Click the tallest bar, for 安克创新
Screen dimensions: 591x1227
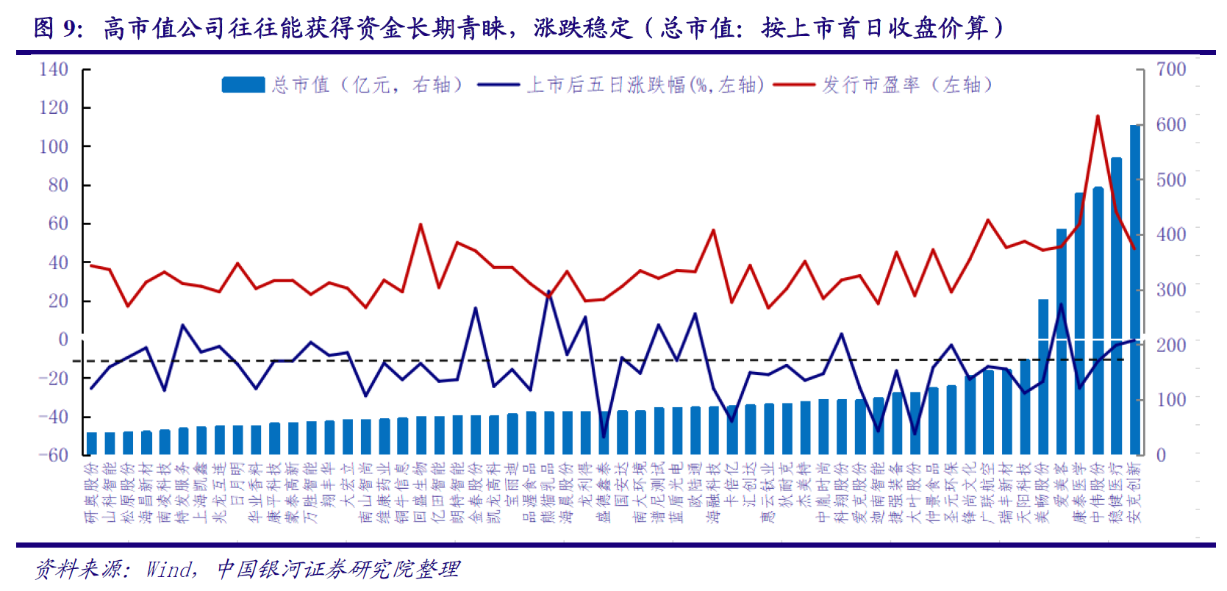[1134, 290]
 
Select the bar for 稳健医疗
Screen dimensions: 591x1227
[1116, 309]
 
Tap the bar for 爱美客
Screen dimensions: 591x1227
[1061, 345]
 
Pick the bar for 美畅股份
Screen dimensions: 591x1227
[1042, 382]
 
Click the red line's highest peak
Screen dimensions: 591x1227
[1098, 116]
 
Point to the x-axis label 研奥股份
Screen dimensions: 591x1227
[92, 492]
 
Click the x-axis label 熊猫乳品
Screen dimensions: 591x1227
[548, 492]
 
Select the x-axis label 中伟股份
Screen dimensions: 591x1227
[1098, 492]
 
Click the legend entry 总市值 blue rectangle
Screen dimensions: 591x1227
[243, 85]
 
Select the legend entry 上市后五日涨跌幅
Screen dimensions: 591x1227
[644, 85]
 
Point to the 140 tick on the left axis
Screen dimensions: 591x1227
[54, 70]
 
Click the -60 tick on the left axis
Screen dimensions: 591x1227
[54, 455]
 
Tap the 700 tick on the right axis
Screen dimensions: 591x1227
[1171, 70]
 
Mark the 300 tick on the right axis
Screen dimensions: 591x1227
[1171, 290]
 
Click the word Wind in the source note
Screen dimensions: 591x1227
[169, 568]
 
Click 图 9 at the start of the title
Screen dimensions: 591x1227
[55, 29]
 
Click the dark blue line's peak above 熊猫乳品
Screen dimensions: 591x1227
[548, 292]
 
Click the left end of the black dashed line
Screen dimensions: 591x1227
[74, 361]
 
